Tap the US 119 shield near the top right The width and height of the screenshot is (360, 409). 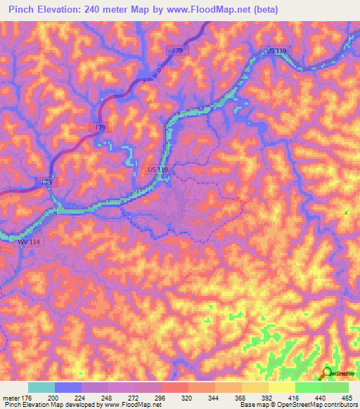(x=277, y=51)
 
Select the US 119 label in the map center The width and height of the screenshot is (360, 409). (x=158, y=169)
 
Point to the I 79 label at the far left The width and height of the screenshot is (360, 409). (x=46, y=183)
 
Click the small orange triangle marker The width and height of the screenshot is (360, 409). (x=149, y=100)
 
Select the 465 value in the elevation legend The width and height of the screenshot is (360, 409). (x=347, y=398)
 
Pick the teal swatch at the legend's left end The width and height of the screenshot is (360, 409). (x=41, y=387)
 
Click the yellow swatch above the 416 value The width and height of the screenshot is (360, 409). (x=281, y=387)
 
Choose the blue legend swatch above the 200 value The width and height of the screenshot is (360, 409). (x=67, y=387)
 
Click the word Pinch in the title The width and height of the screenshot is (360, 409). (x=23, y=10)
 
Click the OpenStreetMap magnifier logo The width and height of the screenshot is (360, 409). (x=327, y=374)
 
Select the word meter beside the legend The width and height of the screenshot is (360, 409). (x=10, y=398)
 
